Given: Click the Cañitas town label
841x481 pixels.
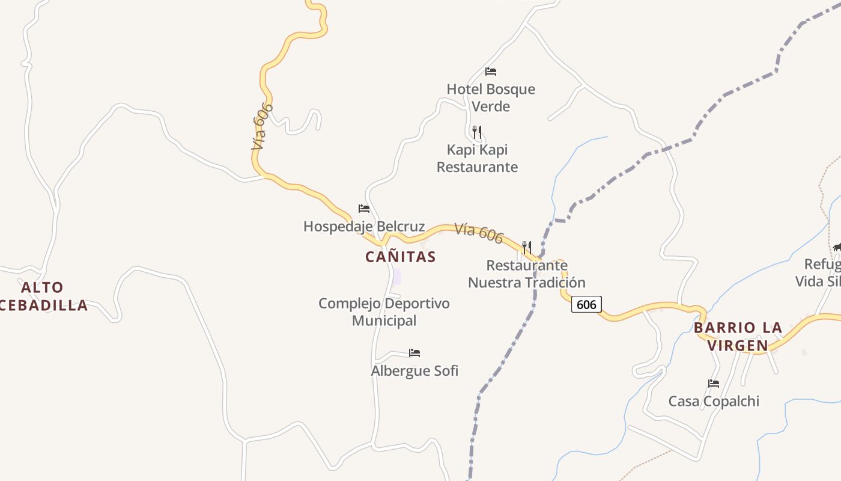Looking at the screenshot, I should [400, 257].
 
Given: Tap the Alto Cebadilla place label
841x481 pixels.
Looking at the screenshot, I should [42, 296].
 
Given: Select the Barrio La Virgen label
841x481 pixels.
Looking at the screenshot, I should [738, 336].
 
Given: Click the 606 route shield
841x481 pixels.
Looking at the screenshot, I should [586, 304].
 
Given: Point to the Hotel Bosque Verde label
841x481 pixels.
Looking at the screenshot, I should [491, 97].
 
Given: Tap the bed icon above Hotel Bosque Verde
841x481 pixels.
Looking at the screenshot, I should [491, 72].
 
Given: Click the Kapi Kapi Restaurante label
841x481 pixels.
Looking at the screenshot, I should [477, 158].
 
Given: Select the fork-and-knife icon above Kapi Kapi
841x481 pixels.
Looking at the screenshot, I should [477, 132].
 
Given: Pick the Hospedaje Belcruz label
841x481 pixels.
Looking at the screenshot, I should [364, 227].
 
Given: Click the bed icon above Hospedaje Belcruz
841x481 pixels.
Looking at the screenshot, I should [364, 209].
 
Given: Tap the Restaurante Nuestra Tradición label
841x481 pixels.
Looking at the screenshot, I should [527, 274].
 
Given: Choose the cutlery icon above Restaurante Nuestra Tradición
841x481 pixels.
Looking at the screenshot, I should [527, 247].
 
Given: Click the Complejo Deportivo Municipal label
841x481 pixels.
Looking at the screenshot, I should [384, 311].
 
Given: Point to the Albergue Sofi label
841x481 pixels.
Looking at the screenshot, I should [414, 370].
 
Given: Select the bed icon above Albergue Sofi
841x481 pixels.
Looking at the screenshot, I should [414, 353].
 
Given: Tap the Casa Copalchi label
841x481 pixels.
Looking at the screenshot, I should [714, 401].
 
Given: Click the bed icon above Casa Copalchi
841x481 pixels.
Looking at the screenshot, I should [714, 384].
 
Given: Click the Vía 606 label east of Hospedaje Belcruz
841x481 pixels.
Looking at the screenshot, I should [478, 233].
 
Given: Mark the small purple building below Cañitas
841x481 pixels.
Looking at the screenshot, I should [396, 277].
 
